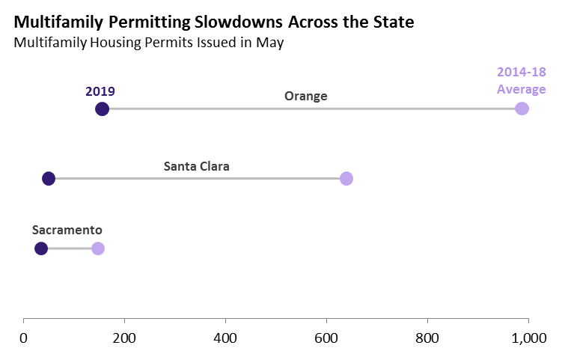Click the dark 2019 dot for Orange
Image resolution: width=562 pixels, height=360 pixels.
[x=103, y=109]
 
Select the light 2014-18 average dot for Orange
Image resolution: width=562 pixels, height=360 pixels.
[x=522, y=109]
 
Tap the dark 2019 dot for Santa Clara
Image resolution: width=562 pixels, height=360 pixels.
[x=49, y=178]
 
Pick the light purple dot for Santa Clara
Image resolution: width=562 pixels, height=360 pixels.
[x=346, y=178]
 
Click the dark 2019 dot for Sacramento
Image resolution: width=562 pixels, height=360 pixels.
[x=41, y=248]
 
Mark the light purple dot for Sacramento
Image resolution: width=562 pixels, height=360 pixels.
[x=98, y=248]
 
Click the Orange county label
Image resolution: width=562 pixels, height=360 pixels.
[x=305, y=97]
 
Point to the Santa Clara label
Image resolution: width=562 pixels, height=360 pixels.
[x=196, y=166]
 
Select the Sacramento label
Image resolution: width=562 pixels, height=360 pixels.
[x=67, y=231]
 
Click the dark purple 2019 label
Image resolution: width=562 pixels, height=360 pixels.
[x=100, y=91]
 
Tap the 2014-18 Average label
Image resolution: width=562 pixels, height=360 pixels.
[x=522, y=82]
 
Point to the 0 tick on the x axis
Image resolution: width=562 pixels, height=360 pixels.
[x=24, y=338]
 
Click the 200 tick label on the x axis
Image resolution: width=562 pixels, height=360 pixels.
[x=124, y=338]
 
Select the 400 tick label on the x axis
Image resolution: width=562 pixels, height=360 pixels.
[x=225, y=338]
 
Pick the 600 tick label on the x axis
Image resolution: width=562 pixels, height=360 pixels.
[x=326, y=338]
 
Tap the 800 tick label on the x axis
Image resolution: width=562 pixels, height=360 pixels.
[x=427, y=338]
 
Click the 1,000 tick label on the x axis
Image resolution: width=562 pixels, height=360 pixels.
[x=528, y=338]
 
